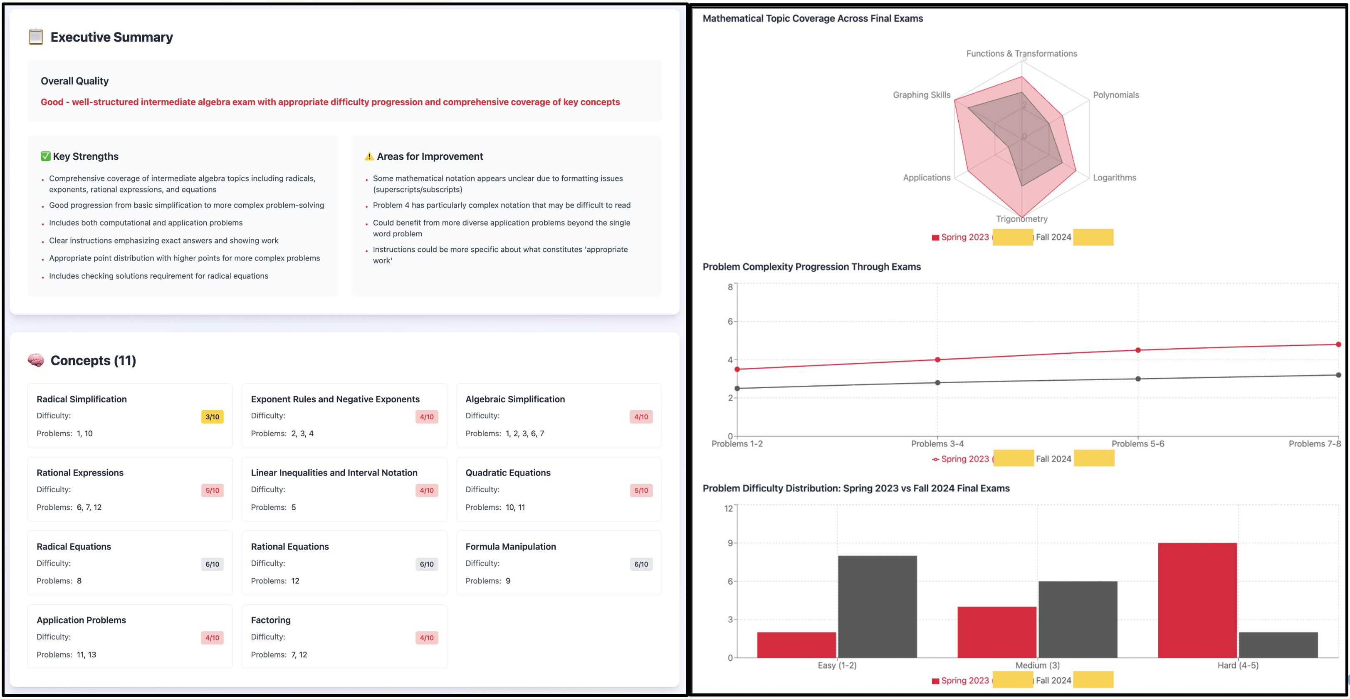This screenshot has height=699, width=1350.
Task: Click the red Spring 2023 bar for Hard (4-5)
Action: click(x=1197, y=600)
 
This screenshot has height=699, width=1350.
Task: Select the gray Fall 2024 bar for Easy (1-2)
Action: click(x=877, y=606)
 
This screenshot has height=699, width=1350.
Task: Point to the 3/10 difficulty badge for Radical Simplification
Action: click(x=212, y=417)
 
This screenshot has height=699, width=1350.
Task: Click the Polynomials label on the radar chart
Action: click(x=1116, y=95)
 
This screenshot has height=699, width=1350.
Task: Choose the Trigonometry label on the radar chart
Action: click(x=1021, y=219)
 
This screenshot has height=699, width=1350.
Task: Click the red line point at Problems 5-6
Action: click(x=1138, y=350)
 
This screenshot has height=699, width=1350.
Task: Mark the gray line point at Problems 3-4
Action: click(x=937, y=383)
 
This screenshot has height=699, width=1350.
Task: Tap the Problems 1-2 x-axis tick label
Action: click(x=737, y=444)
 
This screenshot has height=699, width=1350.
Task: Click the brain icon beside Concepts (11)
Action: click(x=36, y=360)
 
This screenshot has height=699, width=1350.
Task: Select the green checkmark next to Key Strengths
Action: click(x=46, y=156)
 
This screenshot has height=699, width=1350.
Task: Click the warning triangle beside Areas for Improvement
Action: click(x=369, y=156)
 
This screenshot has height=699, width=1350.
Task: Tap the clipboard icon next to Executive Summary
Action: click(x=36, y=37)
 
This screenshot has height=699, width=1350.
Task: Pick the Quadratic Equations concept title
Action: click(x=508, y=473)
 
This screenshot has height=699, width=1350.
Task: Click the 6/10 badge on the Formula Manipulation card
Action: click(x=641, y=564)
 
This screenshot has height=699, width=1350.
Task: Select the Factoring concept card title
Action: click(x=270, y=620)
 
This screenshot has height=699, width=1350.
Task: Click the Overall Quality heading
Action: click(x=75, y=81)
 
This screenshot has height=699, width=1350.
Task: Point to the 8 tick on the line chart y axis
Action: click(x=730, y=287)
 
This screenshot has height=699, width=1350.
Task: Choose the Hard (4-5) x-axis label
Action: click(x=1237, y=665)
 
